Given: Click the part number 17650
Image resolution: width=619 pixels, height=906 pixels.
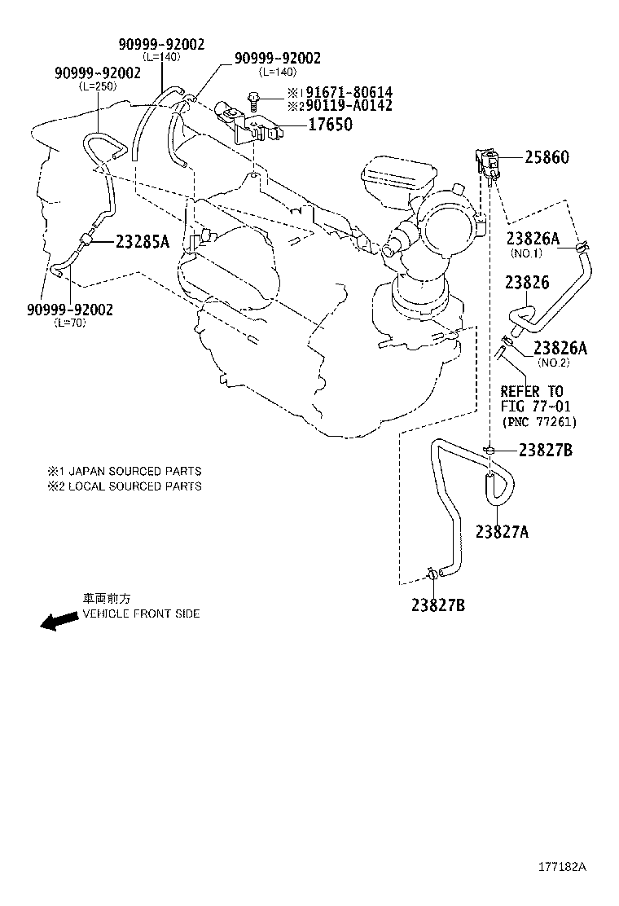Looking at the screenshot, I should point(330,125).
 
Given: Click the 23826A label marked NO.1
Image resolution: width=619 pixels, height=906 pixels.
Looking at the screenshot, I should point(533,238).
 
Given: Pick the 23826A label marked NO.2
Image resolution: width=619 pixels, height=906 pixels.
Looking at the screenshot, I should point(560,348).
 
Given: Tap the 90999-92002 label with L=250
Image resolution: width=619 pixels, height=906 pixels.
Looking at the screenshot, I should point(98,73).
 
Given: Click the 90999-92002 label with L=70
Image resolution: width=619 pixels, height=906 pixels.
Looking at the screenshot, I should point(69,310).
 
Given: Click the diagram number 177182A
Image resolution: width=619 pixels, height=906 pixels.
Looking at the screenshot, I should point(562,867).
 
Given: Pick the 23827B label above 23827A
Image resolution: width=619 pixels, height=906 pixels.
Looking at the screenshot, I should point(546,451).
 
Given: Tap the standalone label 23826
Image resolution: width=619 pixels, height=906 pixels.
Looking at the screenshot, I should point(527,283).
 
